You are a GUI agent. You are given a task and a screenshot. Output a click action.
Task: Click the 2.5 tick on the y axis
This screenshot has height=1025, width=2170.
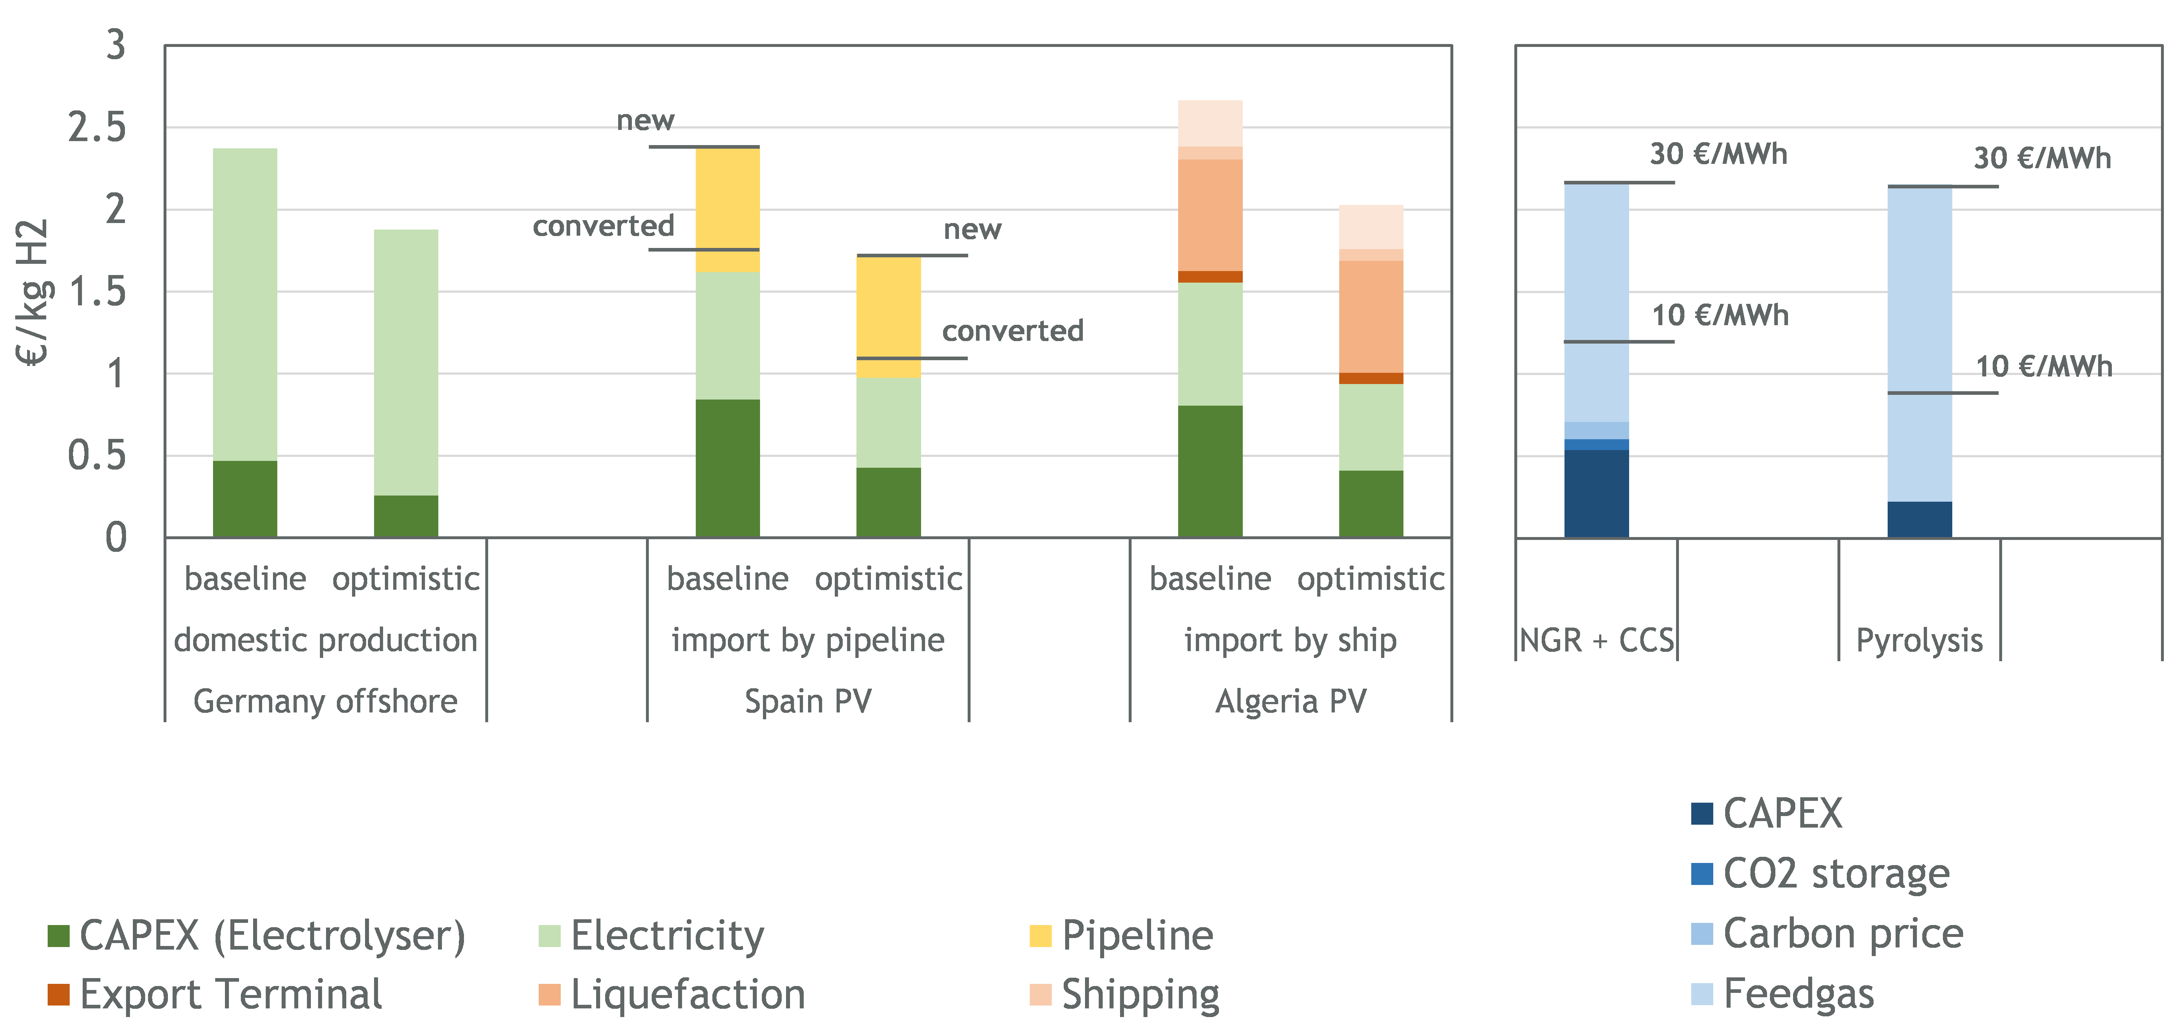click(97, 128)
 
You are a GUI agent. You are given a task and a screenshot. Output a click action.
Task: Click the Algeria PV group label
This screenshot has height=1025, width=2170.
click(1290, 701)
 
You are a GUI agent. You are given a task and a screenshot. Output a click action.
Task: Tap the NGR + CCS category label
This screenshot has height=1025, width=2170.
click(1596, 640)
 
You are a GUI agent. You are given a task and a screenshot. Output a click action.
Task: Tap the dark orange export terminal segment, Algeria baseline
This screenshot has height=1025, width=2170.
click(1210, 276)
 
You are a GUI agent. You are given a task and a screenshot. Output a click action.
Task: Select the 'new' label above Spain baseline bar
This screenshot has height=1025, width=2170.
click(645, 121)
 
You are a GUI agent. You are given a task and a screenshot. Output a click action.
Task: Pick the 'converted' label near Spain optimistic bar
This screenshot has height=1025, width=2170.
click(1012, 331)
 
